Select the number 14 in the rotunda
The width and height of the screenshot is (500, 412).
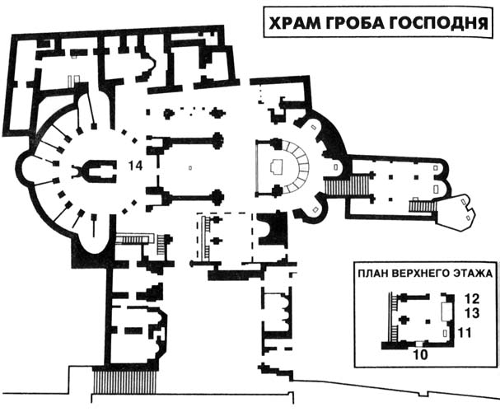[135, 166]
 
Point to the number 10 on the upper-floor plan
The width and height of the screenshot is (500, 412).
[421, 354]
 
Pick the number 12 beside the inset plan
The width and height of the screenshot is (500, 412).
[472, 299]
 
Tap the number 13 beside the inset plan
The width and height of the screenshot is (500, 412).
[472, 313]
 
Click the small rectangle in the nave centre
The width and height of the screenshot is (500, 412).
[190, 168]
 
